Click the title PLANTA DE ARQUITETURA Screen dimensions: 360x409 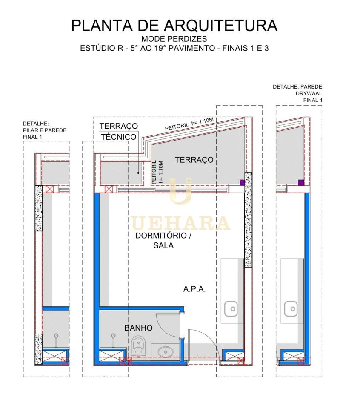pyautogui.click(x=174, y=26)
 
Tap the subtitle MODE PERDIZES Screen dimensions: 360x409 pyautogui.click(x=174, y=39)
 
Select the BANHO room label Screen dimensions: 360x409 pyautogui.click(x=138, y=328)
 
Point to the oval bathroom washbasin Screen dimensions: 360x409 pyautogui.click(x=165, y=351)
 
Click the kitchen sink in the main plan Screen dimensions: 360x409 pyautogui.click(x=231, y=309)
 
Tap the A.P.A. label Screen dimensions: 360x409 pyautogui.click(x=194, y=289)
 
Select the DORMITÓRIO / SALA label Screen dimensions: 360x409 pyautogui.click(x=163, y=240)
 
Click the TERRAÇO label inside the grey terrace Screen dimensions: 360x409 pyautogui.click(x=194, y=160)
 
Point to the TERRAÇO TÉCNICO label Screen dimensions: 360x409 pyautogui.click(x=119, y=131)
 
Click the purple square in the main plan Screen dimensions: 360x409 pyautogui.click(x=242, y=182)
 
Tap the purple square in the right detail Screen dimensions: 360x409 pyautogui.click(x=301, y=182)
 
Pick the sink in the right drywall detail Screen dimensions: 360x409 pyautogui.click(x=291, y=309)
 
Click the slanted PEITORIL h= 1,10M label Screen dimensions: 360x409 pyautogui.click(x=189, y=124)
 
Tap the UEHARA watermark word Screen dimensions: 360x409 pyautogui.click(x=180, y=223)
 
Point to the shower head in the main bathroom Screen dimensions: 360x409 pyautogui.click(x=113, y=335)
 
